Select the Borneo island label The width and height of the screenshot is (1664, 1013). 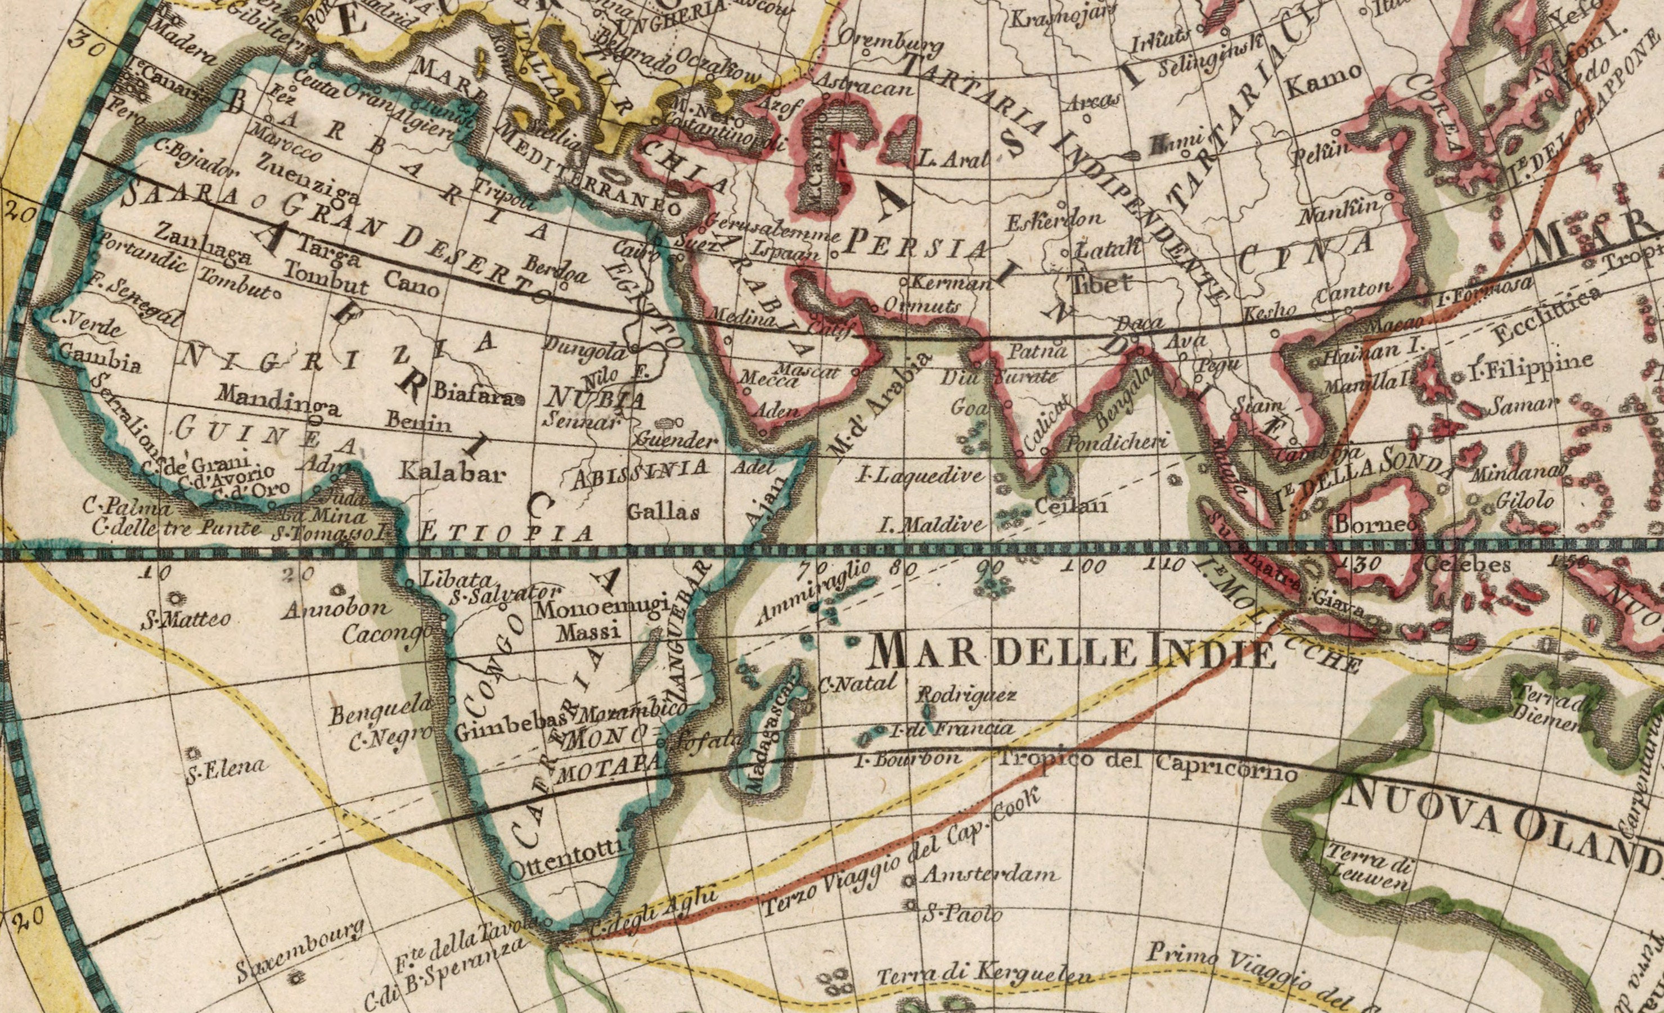coord(1375,525)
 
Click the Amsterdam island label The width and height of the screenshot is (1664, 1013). coord(990,876)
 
